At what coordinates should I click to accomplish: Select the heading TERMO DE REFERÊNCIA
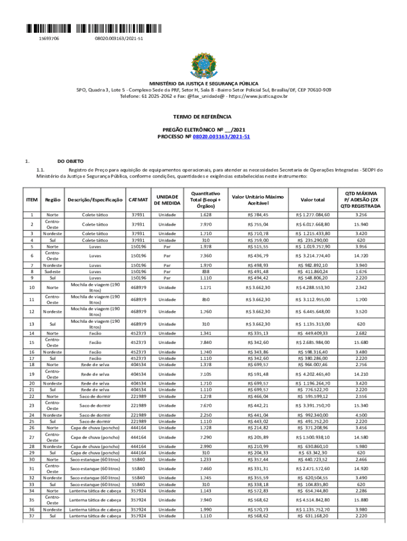(x=203, y=116)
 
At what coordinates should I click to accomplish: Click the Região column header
(x=53, y=200)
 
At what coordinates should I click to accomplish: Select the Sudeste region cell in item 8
(x=53, y=272)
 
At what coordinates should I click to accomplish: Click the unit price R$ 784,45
(x=258, y=215)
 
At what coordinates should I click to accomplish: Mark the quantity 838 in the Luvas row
(x=207, y=272)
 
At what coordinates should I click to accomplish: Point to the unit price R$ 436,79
(x=258, y=256)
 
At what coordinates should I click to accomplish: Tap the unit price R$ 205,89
(x=258, y=438)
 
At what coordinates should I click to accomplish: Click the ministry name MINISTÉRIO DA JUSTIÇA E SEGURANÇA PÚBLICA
(x=203, y=83)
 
